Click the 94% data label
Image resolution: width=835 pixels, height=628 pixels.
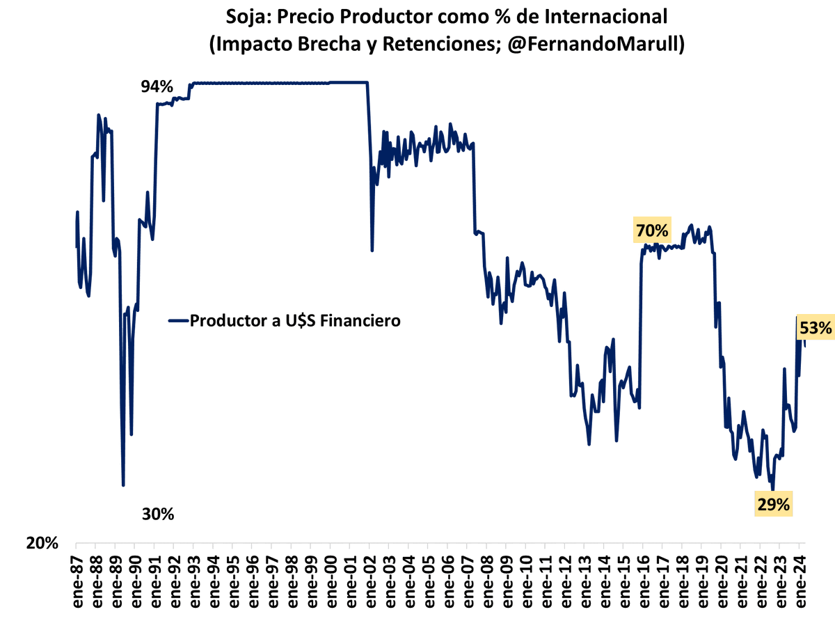tap(157, 87)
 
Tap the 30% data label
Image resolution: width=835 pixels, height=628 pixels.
tap(158, 515)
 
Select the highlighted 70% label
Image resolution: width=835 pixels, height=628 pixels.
tap(651, 230)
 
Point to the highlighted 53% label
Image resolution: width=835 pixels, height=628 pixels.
tap(816, 328)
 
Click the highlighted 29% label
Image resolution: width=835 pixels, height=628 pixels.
tap(773, 505)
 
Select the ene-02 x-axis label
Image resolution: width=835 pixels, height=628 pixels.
tap(368, 584)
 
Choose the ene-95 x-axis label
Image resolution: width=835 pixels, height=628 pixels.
tap(232, 584)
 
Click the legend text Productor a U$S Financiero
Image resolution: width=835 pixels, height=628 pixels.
tap(295, 321)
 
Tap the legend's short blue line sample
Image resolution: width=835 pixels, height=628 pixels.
tap(178, 321)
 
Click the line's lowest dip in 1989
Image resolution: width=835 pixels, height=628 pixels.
tap(123, 485)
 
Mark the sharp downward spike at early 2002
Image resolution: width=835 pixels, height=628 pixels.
tap(372, 250)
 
